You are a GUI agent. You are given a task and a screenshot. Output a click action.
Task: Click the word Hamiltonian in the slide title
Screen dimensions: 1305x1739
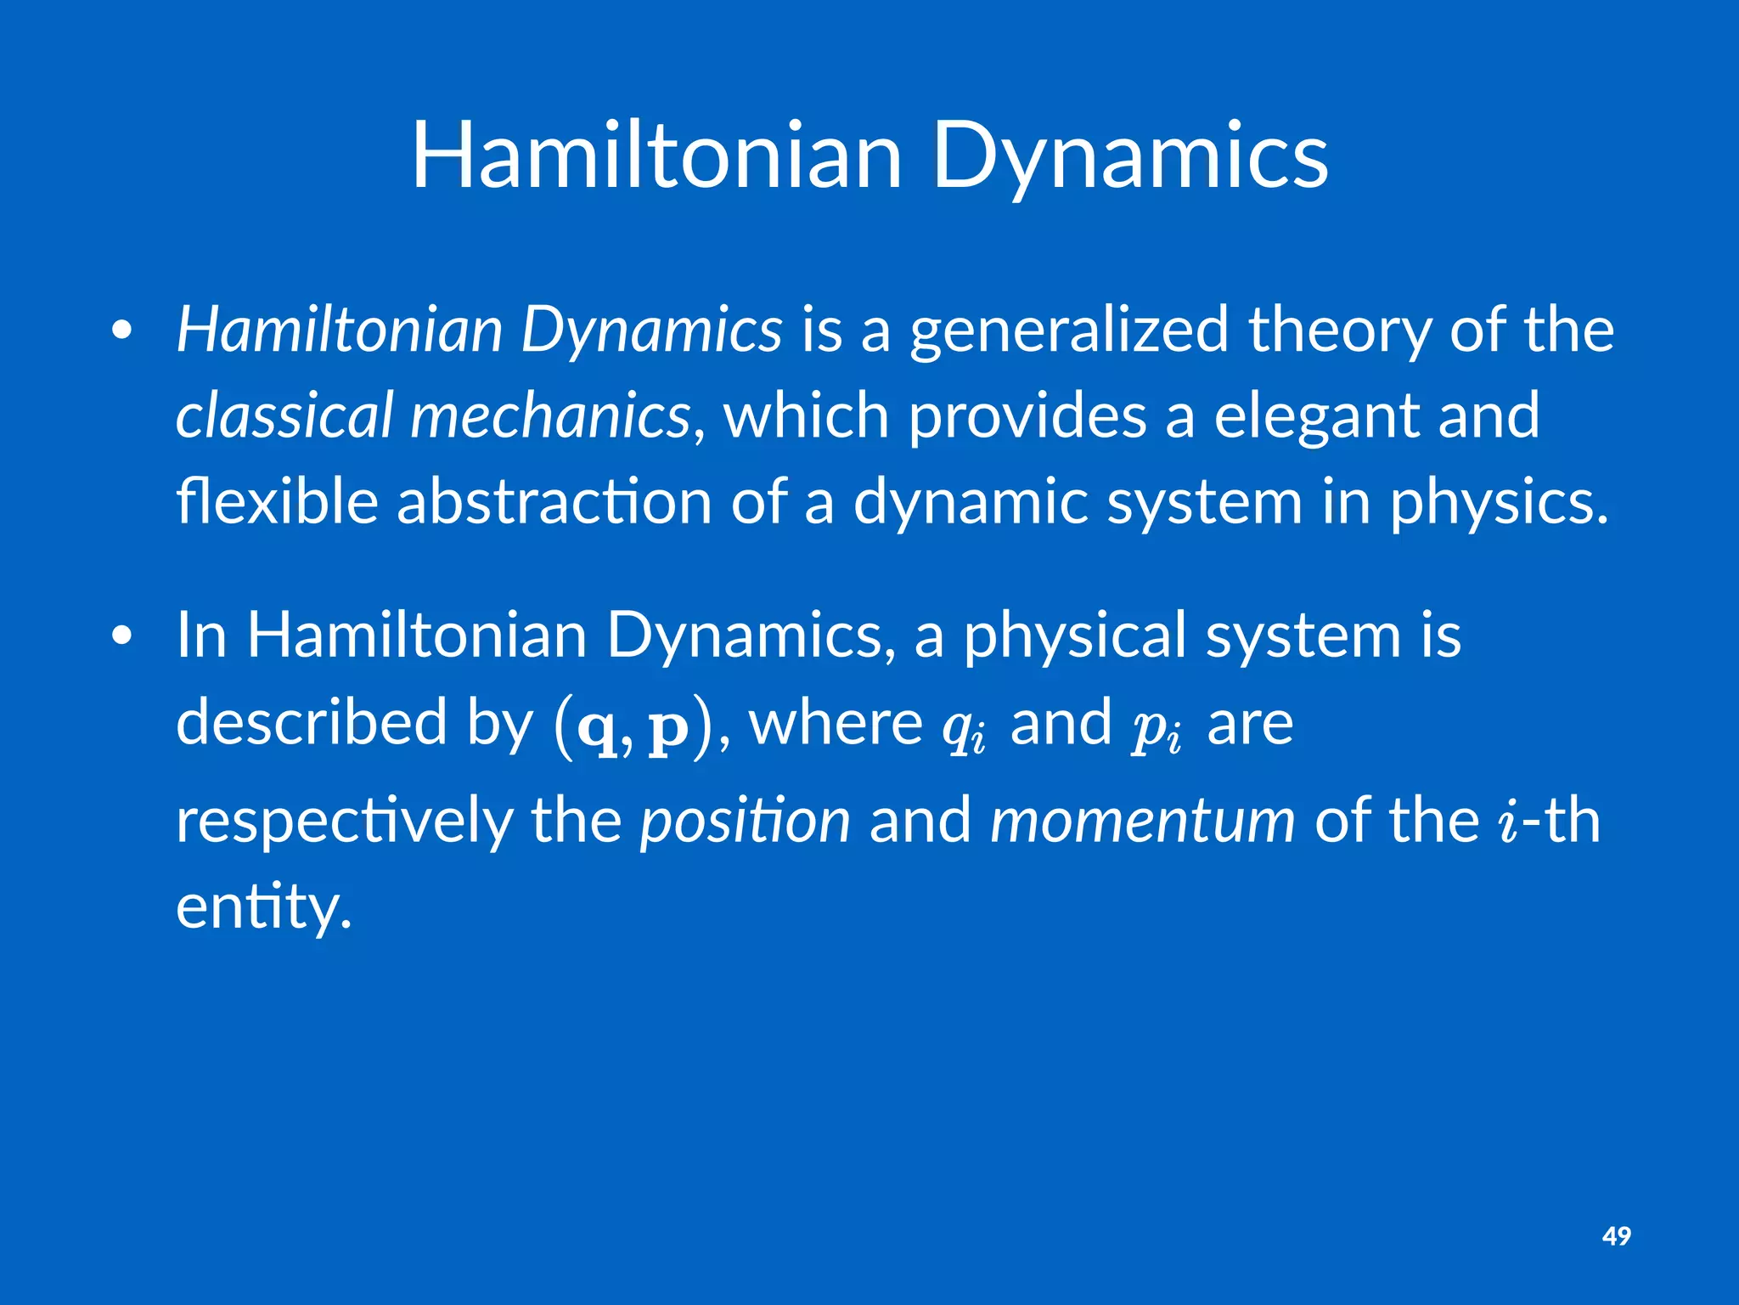tap(656, 157)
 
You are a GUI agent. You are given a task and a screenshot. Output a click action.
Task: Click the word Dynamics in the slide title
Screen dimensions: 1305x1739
tap(1130, 157)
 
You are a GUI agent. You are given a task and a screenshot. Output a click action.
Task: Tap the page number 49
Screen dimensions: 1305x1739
tap(1616, 1235)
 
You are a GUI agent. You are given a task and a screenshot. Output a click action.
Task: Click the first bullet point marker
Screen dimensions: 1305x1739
tap(122, 332)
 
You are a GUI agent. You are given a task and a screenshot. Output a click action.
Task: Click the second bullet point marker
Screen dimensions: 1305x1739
tap(122, 637)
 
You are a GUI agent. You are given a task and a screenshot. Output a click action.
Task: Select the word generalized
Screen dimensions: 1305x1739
tap(1069, 330)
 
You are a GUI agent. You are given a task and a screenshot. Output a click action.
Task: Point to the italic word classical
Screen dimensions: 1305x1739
tap(284, 415)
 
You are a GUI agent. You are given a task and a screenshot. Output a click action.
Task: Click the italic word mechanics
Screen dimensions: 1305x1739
tap(550, 415)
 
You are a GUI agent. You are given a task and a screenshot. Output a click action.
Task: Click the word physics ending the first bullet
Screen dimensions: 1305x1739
tap(1498, 503)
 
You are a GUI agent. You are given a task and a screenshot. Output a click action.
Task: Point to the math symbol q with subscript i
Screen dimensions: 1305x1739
tap(965, 729)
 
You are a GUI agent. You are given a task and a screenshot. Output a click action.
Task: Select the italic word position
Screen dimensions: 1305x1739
tap(745, 822)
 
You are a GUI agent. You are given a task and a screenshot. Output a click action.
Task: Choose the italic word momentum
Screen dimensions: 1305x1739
tap(1143, 822)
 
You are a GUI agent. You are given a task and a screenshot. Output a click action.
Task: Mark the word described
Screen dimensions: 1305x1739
tap(311, 722)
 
